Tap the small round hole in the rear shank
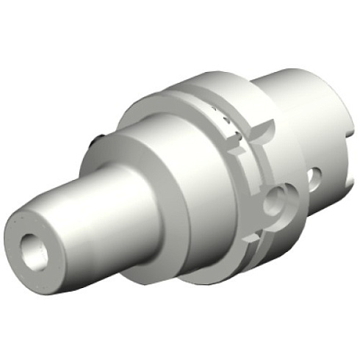click(314, 176)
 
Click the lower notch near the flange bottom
click(259, 237)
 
